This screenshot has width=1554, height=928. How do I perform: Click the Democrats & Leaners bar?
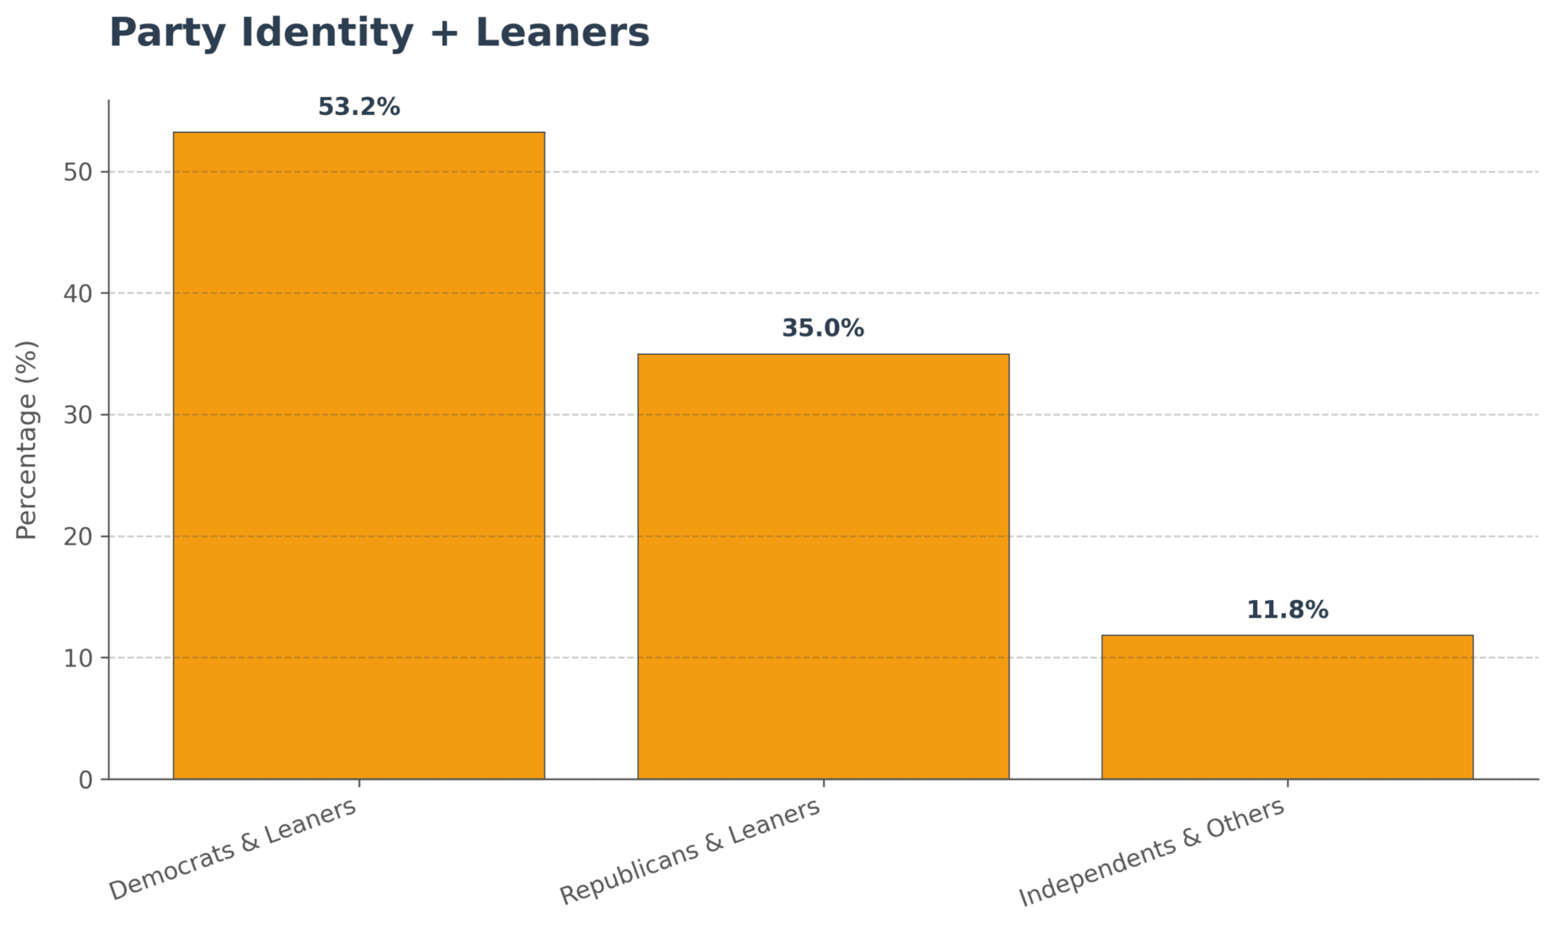(359, 455)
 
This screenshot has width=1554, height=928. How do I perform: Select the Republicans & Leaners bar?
(823, 566)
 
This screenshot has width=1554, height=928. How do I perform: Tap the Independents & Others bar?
(1287, 707)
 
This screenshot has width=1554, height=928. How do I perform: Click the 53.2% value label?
(359, 107)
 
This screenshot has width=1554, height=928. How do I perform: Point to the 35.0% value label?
(823, 328)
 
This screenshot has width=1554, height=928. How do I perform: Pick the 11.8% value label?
(1287, 610)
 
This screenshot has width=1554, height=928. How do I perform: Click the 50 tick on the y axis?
(78, 172)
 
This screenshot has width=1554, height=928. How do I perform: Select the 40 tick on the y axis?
(78, 293)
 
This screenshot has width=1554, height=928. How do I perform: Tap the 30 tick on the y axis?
(78, 415)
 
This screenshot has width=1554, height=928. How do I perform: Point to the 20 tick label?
(78, 536)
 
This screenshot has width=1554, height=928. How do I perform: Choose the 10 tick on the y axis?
(78, 658)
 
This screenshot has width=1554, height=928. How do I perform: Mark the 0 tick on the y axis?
(85, 780)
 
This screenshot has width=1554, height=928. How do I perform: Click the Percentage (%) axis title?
(27, 440)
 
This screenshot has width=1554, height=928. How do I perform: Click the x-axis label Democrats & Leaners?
(233, 849)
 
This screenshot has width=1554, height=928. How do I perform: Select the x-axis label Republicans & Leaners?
(690, 851)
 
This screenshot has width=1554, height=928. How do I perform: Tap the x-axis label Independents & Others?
(1152, 851)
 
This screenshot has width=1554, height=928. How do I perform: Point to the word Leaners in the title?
(563, 33)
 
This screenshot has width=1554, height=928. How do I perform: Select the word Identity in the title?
(326, 33)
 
